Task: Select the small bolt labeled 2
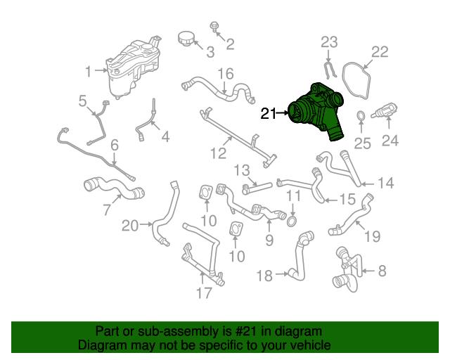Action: (x=214, y=27)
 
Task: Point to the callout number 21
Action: (x=269, y=112)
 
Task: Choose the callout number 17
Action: (x=204, y=293)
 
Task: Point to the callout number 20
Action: (x=131, y=226)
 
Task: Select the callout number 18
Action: (x=264, y=276)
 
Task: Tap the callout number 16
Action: (x=225, y=74)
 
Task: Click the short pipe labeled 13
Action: (x=258, y=186)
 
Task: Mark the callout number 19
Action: (x=372, y=237)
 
